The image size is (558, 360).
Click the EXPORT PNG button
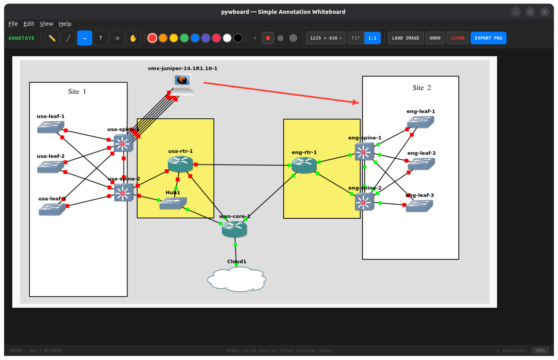[488, 38]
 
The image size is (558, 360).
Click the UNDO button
[435, 38]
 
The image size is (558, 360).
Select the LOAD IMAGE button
[405, 38]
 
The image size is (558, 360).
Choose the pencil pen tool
[52, 38]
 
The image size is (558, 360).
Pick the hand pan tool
[133, 38]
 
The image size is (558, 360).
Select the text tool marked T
[101, 38]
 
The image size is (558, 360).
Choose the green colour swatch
[184, 38]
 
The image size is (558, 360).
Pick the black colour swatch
[238, 38]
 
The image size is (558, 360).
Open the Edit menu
[29, 24]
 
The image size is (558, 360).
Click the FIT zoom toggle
[356, 38]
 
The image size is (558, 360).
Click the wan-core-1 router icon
[234, 229]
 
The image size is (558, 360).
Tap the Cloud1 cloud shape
[237, 279]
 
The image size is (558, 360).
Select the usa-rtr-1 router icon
[180, 163]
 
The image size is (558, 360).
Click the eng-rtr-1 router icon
[304, 165]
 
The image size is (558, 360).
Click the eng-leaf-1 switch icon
[420, 122]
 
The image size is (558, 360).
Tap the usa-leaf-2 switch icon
[51, 167]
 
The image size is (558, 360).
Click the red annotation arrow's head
[356, 102]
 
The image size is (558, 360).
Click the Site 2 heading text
[421, 88]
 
